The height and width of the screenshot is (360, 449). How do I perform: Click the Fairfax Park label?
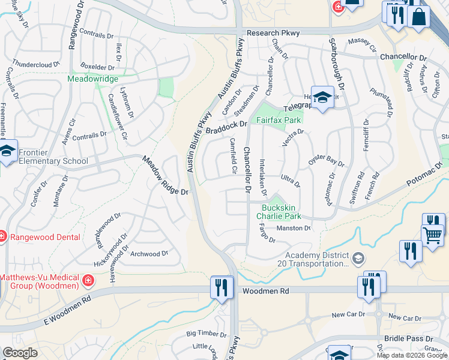[x=279, y=120]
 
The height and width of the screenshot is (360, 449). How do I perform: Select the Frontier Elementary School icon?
[x=7, y=151]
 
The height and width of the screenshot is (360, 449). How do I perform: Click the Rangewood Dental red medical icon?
[x=2, y=237]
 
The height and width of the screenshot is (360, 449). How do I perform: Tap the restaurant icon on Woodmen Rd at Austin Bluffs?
[x=221, y=287]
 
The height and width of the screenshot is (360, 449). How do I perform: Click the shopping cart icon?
[x=432, y=235]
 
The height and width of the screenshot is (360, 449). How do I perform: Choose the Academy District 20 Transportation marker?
[x=358, y=259]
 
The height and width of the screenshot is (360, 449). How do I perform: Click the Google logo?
[x=20, y=353]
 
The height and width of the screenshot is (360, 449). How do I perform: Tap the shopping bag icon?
[x=418, y=16]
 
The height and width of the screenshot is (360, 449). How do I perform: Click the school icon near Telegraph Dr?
[x=322, y=99]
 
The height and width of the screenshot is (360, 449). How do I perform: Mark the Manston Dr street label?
[x=293, y=228]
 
